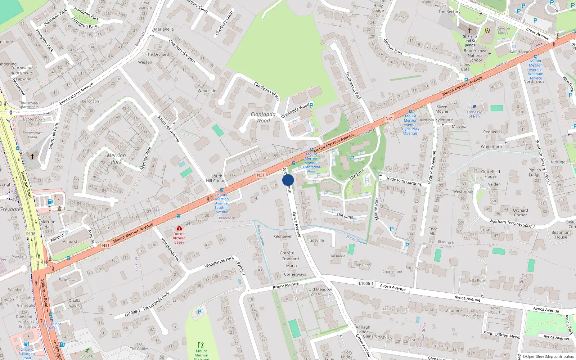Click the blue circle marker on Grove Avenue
(x=288, y=180)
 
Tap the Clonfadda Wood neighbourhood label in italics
(x=263, y=117)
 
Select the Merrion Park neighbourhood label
(x=116, y=158)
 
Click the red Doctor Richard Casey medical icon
(x=179, y=228)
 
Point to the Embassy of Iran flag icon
(x=474, y=107)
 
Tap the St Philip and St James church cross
(x=469, y=31)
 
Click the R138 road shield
(x=31, y=234)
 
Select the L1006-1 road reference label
(x=366, y=283)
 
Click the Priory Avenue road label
(x=285, y=286)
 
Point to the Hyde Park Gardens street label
(x=404, y=181)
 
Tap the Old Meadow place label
(x=320, y=289)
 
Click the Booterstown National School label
(x=476, y=55)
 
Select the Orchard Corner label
(x=520, y=212)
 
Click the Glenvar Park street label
(x=393, y=46)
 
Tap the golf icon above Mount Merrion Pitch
(x=201, y=345)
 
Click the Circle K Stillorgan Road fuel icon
(x=26, y=344)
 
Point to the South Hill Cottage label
(x=217, y=179)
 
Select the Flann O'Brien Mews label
(x=501, y=335)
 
